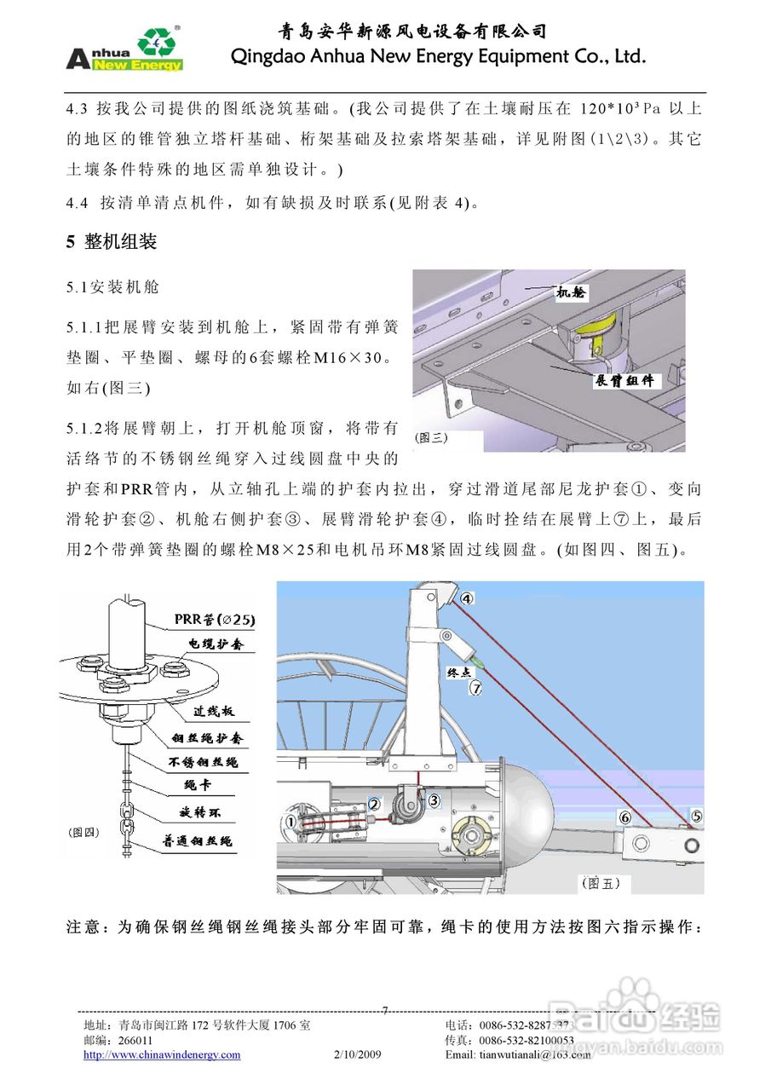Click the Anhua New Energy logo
tap(124, 49)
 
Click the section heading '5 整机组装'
tap(112, 242)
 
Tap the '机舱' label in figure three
tap(571, 292)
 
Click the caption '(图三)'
tap(431, 437)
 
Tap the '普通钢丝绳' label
tap(197, 840)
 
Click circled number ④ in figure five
tap(467, 598)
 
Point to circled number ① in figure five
tap(291, 822)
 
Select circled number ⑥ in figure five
tap(624, 817)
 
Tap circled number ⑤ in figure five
tap(696, 816)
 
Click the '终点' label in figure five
tap(460, 672)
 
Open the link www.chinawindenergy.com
tap(162, 1054)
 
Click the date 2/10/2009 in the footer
tap(358, 1054)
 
